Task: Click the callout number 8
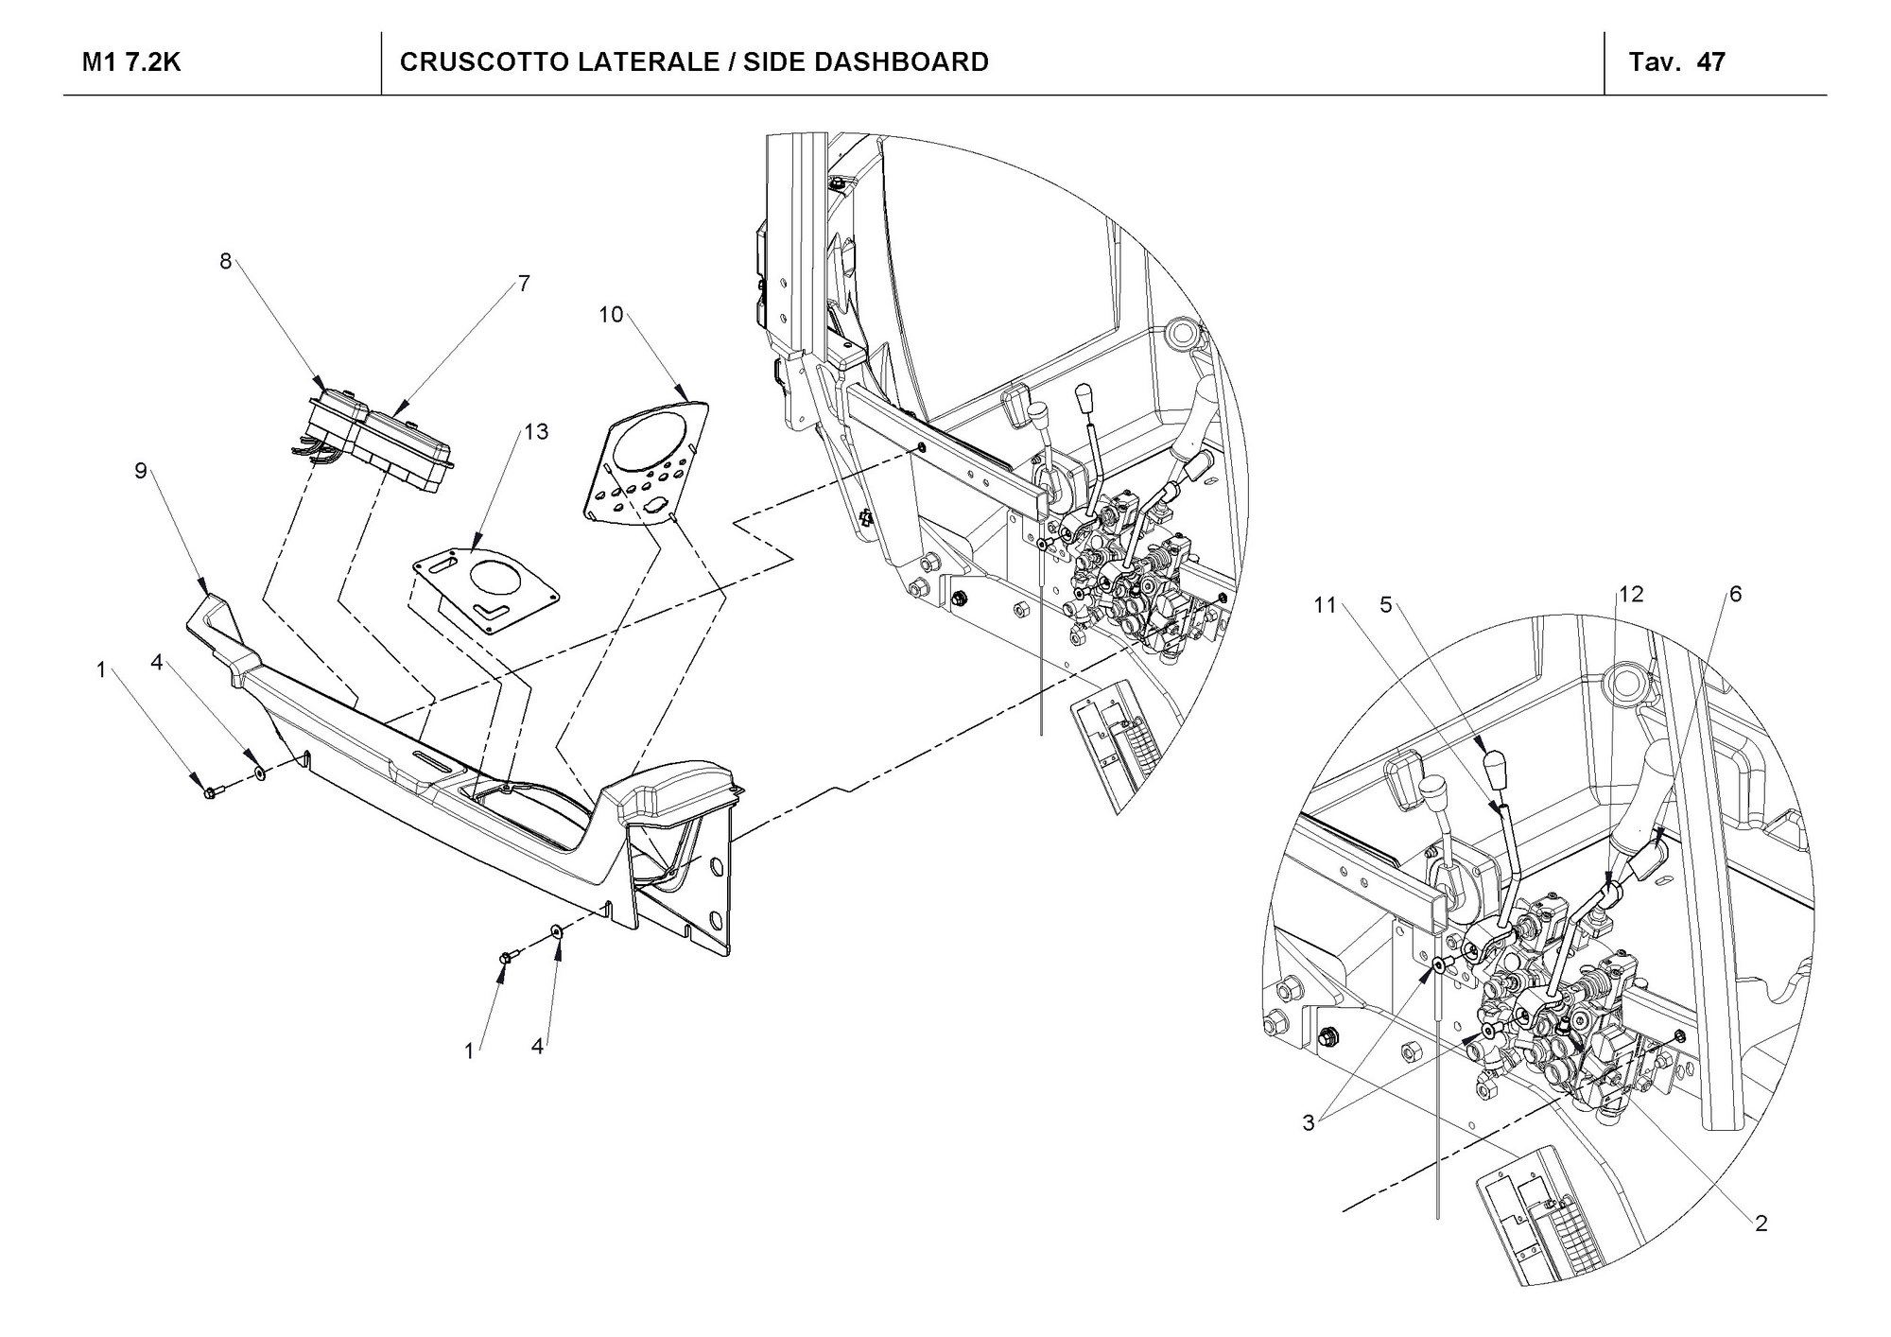pyautogui.click(x=225, y=261)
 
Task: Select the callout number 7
pyautogui.click(x=524, y=283)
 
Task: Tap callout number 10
pyautogui.click(x=611, y=315)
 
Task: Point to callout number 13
pyautogui.click(x=536, y=432)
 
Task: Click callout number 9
pyautogui.click(x=141, y=470)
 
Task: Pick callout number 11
pyautogui.click(x=1325, y=605)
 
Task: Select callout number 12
pyautogui.click(x=1631, y=594)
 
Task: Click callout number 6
pyautogui.click(x=1735, y=594)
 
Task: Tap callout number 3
pyautogui.click(x=1309, y=1122)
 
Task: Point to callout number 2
pyautogui.click(x=1761, y=1223)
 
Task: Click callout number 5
pyautogui.click(x=1385, y=605)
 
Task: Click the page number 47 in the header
pyautogui.click(x=1711, y=62)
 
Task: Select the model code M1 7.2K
pyautogui.click(x=131, y=62)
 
